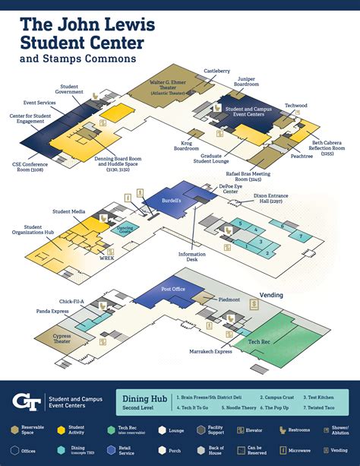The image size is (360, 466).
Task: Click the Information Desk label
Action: (193, 258)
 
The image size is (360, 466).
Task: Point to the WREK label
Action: (106, 258)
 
